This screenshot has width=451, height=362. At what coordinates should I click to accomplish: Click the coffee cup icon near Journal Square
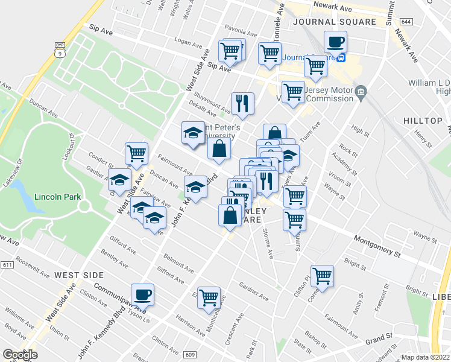pos(335,42)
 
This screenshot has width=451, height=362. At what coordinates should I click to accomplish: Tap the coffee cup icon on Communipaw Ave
pos(142,294)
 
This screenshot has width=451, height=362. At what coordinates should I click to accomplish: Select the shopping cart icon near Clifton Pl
pos(323,276)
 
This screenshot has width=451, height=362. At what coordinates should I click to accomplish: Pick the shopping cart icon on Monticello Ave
pos(209,297)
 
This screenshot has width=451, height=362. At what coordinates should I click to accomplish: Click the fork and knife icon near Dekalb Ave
pos(242,103)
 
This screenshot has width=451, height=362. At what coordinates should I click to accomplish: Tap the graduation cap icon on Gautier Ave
pos(119,180)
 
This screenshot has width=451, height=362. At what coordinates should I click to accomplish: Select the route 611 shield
pos(7,265)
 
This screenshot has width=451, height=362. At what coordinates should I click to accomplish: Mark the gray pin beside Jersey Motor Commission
pos(361,92)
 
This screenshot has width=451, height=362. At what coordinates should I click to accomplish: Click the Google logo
pos(20,355)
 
